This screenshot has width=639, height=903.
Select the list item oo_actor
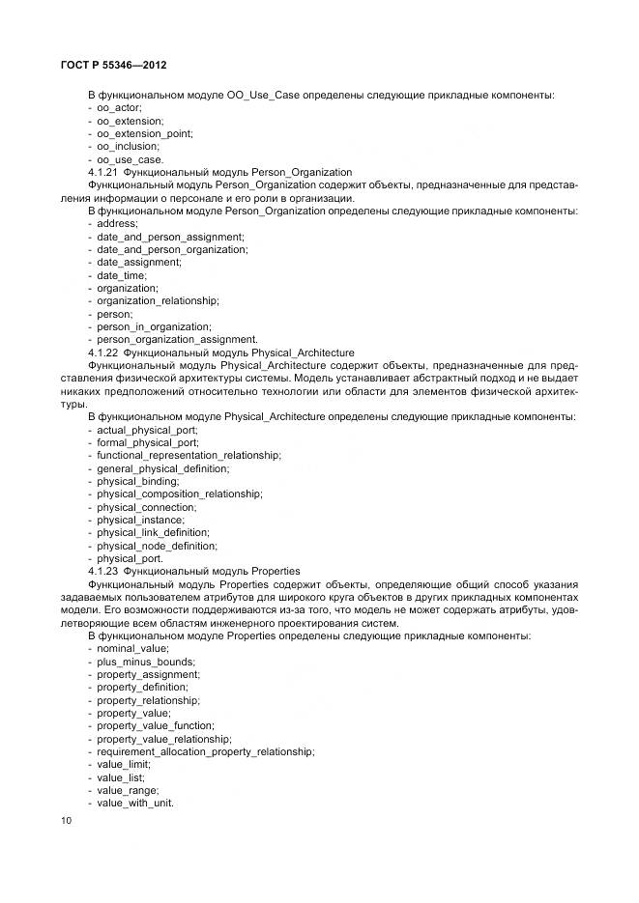(x=120, y=108)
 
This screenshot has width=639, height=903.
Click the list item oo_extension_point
(x=145, y=133)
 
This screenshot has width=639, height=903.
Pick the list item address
(x=118, y=223)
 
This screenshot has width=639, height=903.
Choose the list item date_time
(x=122, y=275)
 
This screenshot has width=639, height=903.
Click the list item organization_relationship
(x=158, y=300)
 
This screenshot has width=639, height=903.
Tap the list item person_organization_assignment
(x=177, y=339)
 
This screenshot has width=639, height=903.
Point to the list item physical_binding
(x=138, y=481)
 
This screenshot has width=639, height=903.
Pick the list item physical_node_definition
(x=157, y=545)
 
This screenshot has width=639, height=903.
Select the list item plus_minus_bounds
(x=145, y=662)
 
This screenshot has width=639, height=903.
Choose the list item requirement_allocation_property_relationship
(x=205, y=751)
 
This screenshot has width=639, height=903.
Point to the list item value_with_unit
(x=135, y=803)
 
